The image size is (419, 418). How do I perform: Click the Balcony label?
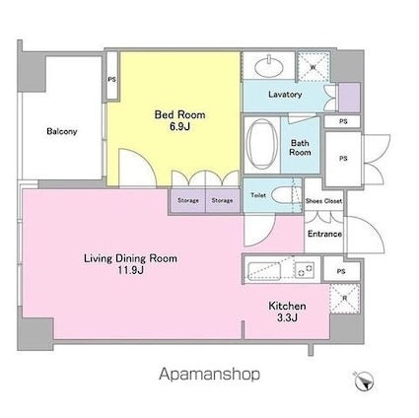tap(62, 131)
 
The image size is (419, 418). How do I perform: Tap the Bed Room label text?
tap(179, 114)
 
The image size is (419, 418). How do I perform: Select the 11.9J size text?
tap(130, 270)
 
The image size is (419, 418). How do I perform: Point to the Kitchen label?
tap(287, 306)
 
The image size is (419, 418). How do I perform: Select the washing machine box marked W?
tap(314, 67)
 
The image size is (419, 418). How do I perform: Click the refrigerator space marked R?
tap(345, 299)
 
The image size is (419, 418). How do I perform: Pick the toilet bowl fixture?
tap(284, 196)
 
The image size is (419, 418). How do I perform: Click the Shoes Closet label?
tap(323, 201)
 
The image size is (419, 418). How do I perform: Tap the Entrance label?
tap(324, 234)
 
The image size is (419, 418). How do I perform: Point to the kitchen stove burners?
tap(305, 270)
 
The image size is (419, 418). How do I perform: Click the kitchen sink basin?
tap(264, 271)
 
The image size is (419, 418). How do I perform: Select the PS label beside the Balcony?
tap(112, 80)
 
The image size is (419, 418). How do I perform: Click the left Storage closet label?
tap(188, 200)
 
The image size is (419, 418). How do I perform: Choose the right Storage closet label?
tap(222, 200)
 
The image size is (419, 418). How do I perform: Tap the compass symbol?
tap(365, 382)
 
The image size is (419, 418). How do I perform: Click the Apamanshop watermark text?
tap(209, 375)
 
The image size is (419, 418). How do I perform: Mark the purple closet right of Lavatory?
tap(349, 98)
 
